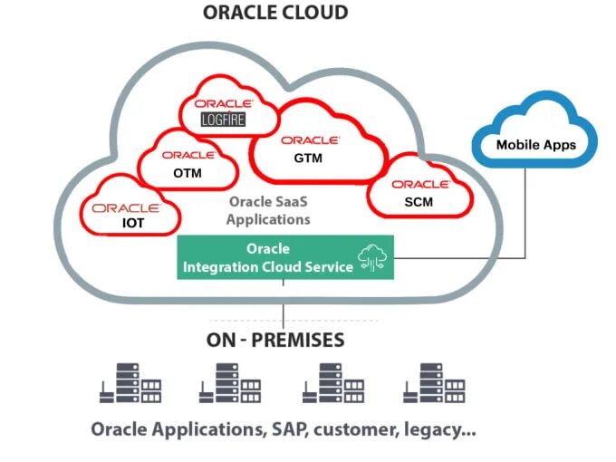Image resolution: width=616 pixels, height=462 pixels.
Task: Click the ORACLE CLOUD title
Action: point(275,13)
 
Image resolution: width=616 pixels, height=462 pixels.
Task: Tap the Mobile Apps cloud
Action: point(535,144)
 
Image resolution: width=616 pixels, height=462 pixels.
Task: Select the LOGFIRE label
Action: point(224,119)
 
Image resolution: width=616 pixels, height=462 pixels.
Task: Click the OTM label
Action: point(188,173)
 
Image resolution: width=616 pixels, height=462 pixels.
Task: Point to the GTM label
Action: point(308,159)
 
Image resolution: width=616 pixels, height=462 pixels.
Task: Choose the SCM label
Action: point(419,202)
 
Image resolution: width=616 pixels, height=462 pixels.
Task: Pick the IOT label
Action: point(134,223)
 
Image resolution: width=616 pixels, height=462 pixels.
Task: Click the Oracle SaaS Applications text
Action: point(269,211)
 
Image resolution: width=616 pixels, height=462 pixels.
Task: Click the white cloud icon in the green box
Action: point(372,256)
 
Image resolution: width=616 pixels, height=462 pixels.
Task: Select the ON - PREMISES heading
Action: point(276,341)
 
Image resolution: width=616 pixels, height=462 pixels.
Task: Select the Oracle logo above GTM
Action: point(310,140)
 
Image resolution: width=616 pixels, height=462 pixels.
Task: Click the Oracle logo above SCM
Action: point(421,184)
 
